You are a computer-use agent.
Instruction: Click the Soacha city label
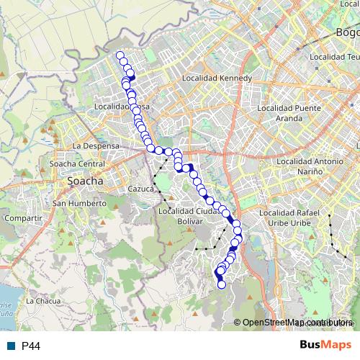[85, 182]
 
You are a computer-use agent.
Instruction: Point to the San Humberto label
[79, 204]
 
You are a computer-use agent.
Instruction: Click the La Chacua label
[42, 301]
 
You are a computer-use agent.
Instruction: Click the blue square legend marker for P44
[11, 346]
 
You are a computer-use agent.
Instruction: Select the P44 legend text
[31, 346]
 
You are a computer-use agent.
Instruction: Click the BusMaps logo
[325, 346]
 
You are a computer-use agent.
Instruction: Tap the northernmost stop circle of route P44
[120, 55]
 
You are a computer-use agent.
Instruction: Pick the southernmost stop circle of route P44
[222, 284]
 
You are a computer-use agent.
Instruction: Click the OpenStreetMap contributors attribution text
[295, 323]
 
